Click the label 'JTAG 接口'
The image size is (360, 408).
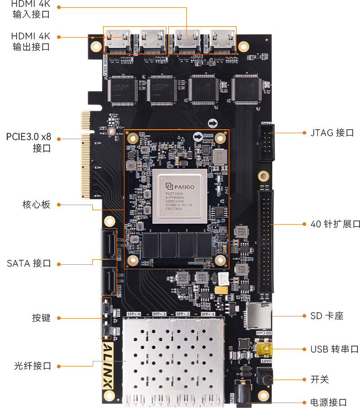[x=332, y=133]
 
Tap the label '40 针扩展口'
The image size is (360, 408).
[x=335, y=224]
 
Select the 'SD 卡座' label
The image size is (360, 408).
[x=327, y=316]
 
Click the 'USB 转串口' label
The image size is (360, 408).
[x=334, y=349]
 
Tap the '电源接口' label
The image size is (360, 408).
[x=329, y=402]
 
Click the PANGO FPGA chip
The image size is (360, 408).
[x=180, y=196]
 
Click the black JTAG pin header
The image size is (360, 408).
[x=265, y=142]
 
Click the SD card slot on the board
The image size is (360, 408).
[x=257, y=315]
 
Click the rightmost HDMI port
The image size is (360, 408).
[x=223, y=42]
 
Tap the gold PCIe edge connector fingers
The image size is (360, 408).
[x=86, y=156]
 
